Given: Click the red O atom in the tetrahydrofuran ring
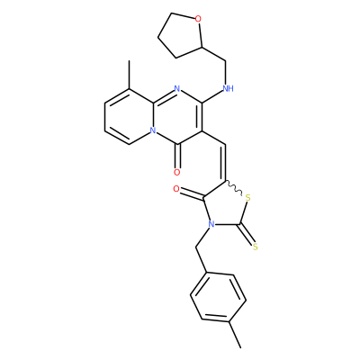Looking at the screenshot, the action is coord(198,20).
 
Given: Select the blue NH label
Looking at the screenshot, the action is coord(229,88).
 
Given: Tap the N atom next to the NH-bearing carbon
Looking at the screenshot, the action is coord(177,89).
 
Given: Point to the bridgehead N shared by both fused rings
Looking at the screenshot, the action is coord(153,130).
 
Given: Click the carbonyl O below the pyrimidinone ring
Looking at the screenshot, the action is coord(177,172).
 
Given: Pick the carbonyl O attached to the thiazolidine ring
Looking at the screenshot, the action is coord(176,189).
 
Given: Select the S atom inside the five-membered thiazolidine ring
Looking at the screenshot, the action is coord(247,198).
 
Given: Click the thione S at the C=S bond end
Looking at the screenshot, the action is coord(256,247).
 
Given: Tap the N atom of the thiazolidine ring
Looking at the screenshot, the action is coord(211,224).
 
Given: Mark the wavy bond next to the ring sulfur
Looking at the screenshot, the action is coord(233,188).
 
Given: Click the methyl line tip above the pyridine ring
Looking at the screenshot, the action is coord(130,61).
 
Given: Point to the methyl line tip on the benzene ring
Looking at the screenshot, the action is coord(240,347).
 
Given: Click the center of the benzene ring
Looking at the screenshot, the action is coord(218,297).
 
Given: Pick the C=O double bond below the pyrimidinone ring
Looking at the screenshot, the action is coord(177,156).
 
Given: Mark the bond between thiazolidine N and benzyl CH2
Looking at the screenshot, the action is coord(202,238).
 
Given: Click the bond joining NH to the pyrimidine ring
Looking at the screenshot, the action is coord(212,96).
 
